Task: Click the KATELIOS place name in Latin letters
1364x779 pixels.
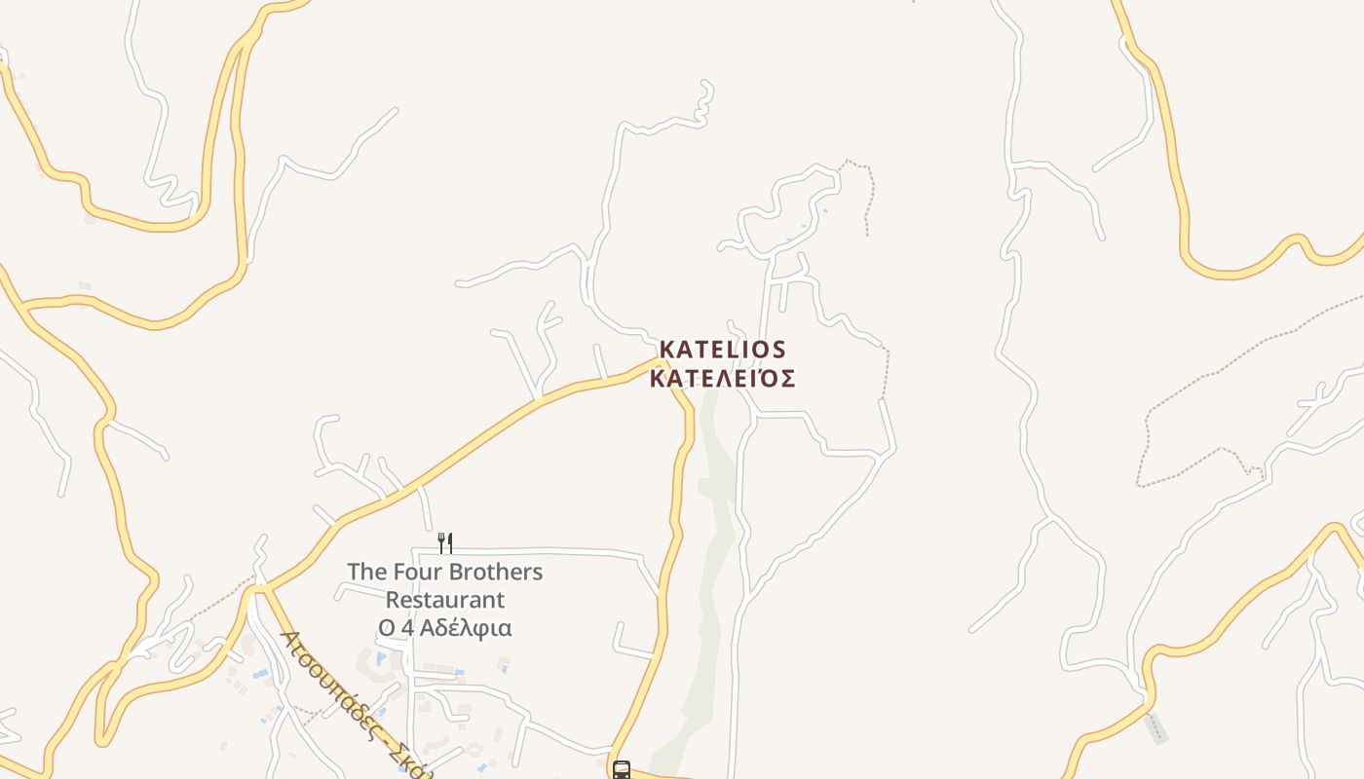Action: coord(722,349)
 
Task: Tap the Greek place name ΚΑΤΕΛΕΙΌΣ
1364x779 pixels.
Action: coord(722,378)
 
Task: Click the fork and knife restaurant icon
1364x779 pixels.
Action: coord(445,542)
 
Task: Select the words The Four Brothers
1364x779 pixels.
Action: coord(444,572)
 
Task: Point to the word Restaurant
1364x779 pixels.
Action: coord(445,600)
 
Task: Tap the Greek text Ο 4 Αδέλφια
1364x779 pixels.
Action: coord(445,628)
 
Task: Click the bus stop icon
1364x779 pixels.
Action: coord(622,770)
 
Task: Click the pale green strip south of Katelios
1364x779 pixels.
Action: coord(717,545)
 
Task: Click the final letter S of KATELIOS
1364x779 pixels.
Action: coord(777,349)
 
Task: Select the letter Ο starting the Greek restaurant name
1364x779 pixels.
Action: coord(387,628)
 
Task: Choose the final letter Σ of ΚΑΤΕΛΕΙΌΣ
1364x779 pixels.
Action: coord(787,378)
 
